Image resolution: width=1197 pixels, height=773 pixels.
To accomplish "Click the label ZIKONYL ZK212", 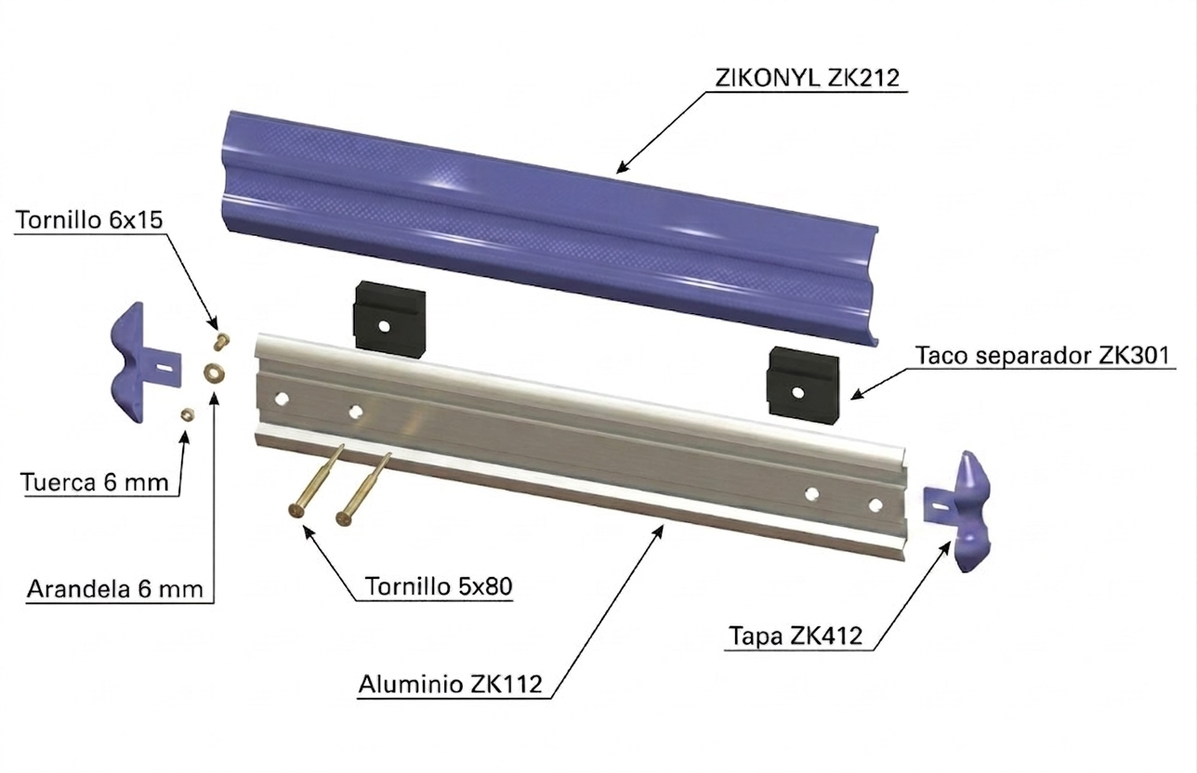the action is tap(807, 78).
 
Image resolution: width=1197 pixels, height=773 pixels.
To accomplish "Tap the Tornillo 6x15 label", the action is tap(89, 220).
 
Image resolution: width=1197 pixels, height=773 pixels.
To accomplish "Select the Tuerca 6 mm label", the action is tap(95, 482).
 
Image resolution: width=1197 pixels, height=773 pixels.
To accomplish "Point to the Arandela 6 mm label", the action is tap(115, 589).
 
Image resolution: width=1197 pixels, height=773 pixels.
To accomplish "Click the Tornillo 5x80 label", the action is tap(439, 586).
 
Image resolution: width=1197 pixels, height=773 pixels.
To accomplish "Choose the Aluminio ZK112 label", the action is tap(451, 684).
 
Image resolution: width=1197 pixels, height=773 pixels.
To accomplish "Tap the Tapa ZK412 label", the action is tap(796, 635).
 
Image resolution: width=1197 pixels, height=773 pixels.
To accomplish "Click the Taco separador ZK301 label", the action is tap(1043, 355).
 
